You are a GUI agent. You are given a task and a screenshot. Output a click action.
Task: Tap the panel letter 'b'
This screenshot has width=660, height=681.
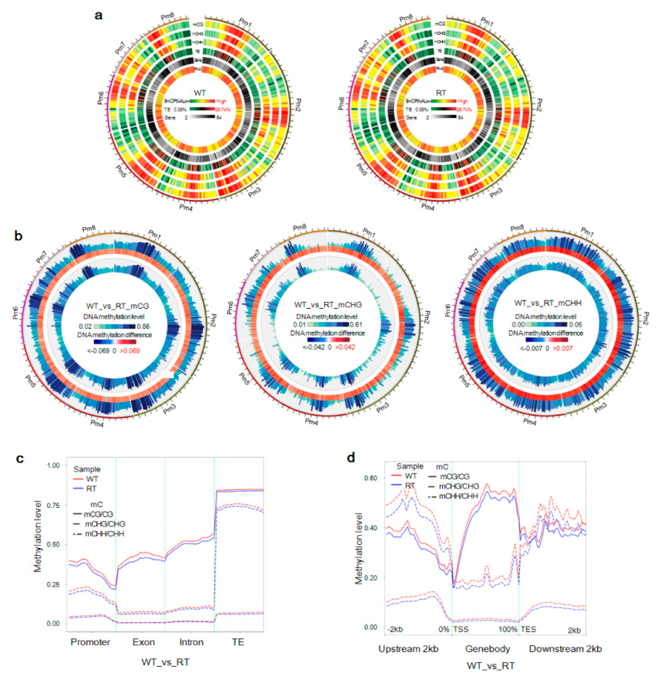coord(18,236)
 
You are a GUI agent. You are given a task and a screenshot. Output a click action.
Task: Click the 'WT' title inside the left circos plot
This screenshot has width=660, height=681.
coord(200,93)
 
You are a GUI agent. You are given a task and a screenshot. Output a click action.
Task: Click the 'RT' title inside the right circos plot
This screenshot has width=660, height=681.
coord(441,93)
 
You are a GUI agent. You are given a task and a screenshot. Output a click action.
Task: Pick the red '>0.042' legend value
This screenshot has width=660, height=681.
coord(345,347)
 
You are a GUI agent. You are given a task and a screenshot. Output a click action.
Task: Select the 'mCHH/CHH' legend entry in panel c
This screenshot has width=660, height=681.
coord(104,534)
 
